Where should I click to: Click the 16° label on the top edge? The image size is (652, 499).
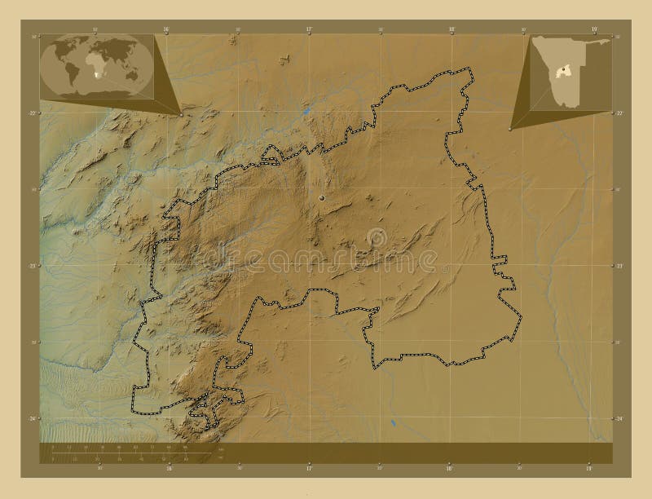166,29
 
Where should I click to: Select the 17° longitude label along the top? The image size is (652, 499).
309,29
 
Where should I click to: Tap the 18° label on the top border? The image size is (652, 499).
452,29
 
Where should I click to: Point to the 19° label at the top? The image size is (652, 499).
594,29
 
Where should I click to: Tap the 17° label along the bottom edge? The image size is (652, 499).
309,470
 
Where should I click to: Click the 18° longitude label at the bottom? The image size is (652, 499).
452,470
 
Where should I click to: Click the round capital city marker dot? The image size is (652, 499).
323,197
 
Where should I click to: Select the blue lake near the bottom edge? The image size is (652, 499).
392,423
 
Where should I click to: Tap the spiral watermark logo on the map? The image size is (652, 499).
377,236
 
